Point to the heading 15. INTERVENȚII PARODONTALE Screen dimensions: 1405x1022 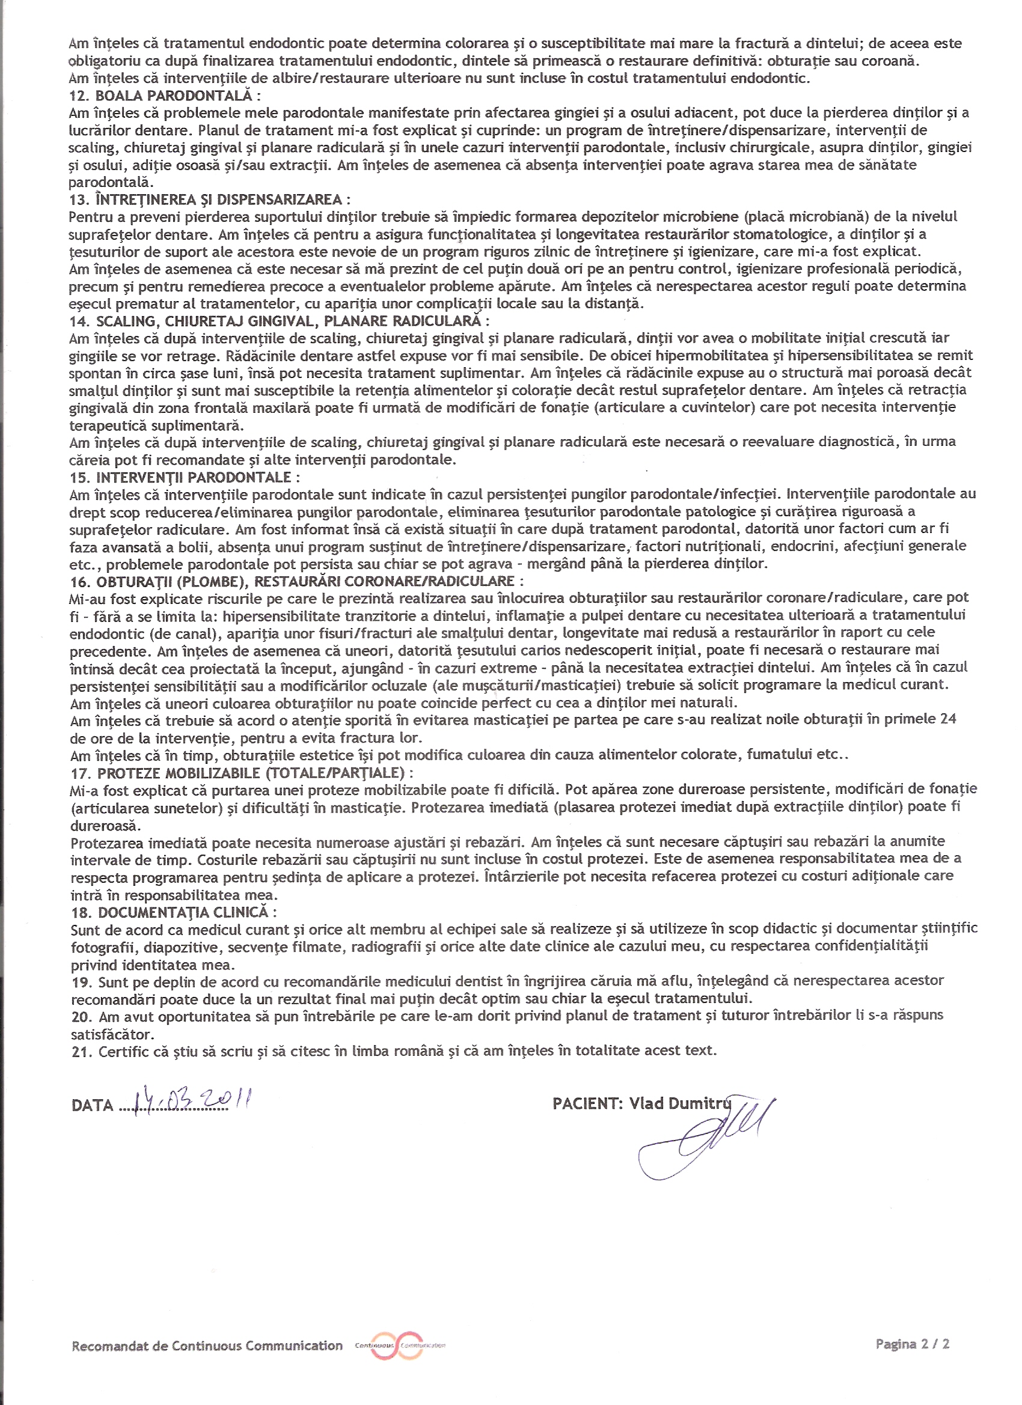(184, 477)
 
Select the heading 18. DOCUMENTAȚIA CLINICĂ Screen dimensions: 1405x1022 (174, 912)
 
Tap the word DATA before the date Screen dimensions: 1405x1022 (93, 1106)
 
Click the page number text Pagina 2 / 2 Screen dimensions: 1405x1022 (913, 1344)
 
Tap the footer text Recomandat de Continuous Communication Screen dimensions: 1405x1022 (207, 1346)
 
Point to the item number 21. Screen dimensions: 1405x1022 (81, 1051)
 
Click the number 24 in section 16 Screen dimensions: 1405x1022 (947, 719)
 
